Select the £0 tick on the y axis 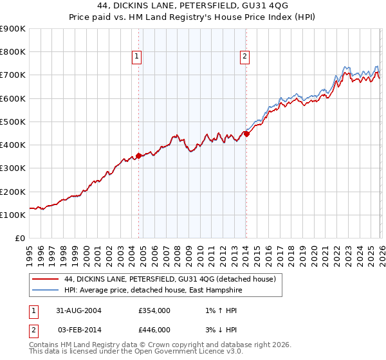pyautogui.click(x=20, y=238)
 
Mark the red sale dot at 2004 pyautogui.click(x=138, y=156)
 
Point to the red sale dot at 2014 pyautogui.click(x=246, y=134)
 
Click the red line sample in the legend pyautogui.click(x=45, y=279)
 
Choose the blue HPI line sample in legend pyautogui.click(x=45, y=289)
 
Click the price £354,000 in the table pyautogui.click(x=154, y=310)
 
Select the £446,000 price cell pyautogui.click(x=154, y=329)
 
